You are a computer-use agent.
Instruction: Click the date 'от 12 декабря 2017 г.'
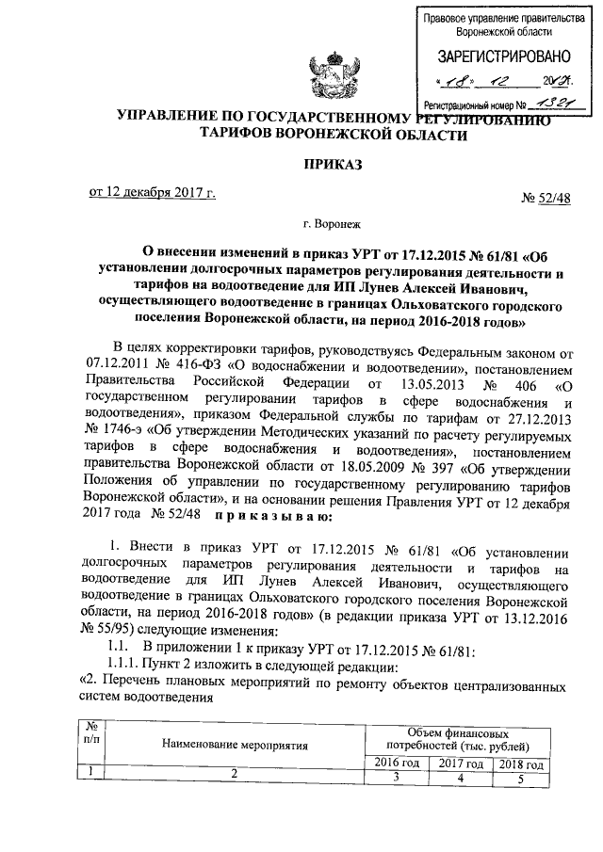(154, 194)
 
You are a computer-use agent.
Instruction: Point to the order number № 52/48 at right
(546, 198)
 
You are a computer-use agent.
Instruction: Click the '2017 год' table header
(461, 762)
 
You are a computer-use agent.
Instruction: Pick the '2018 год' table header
(521, 762)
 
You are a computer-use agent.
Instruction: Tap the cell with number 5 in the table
(521, 777)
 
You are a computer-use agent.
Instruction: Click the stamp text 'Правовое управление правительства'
(497, 17)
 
